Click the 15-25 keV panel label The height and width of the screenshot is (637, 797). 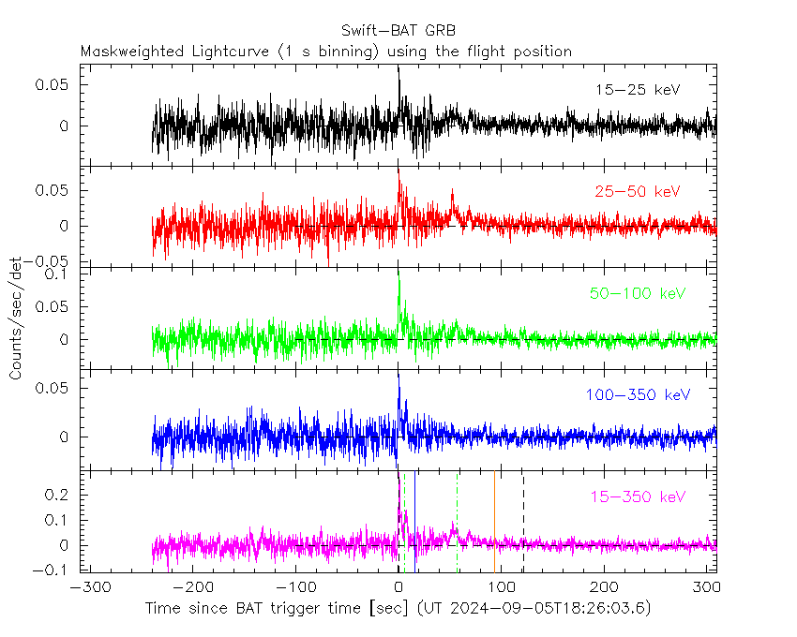637,90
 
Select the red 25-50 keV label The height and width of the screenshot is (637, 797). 637,192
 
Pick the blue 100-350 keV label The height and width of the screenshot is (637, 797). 638,395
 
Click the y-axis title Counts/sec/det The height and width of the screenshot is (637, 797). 16,318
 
